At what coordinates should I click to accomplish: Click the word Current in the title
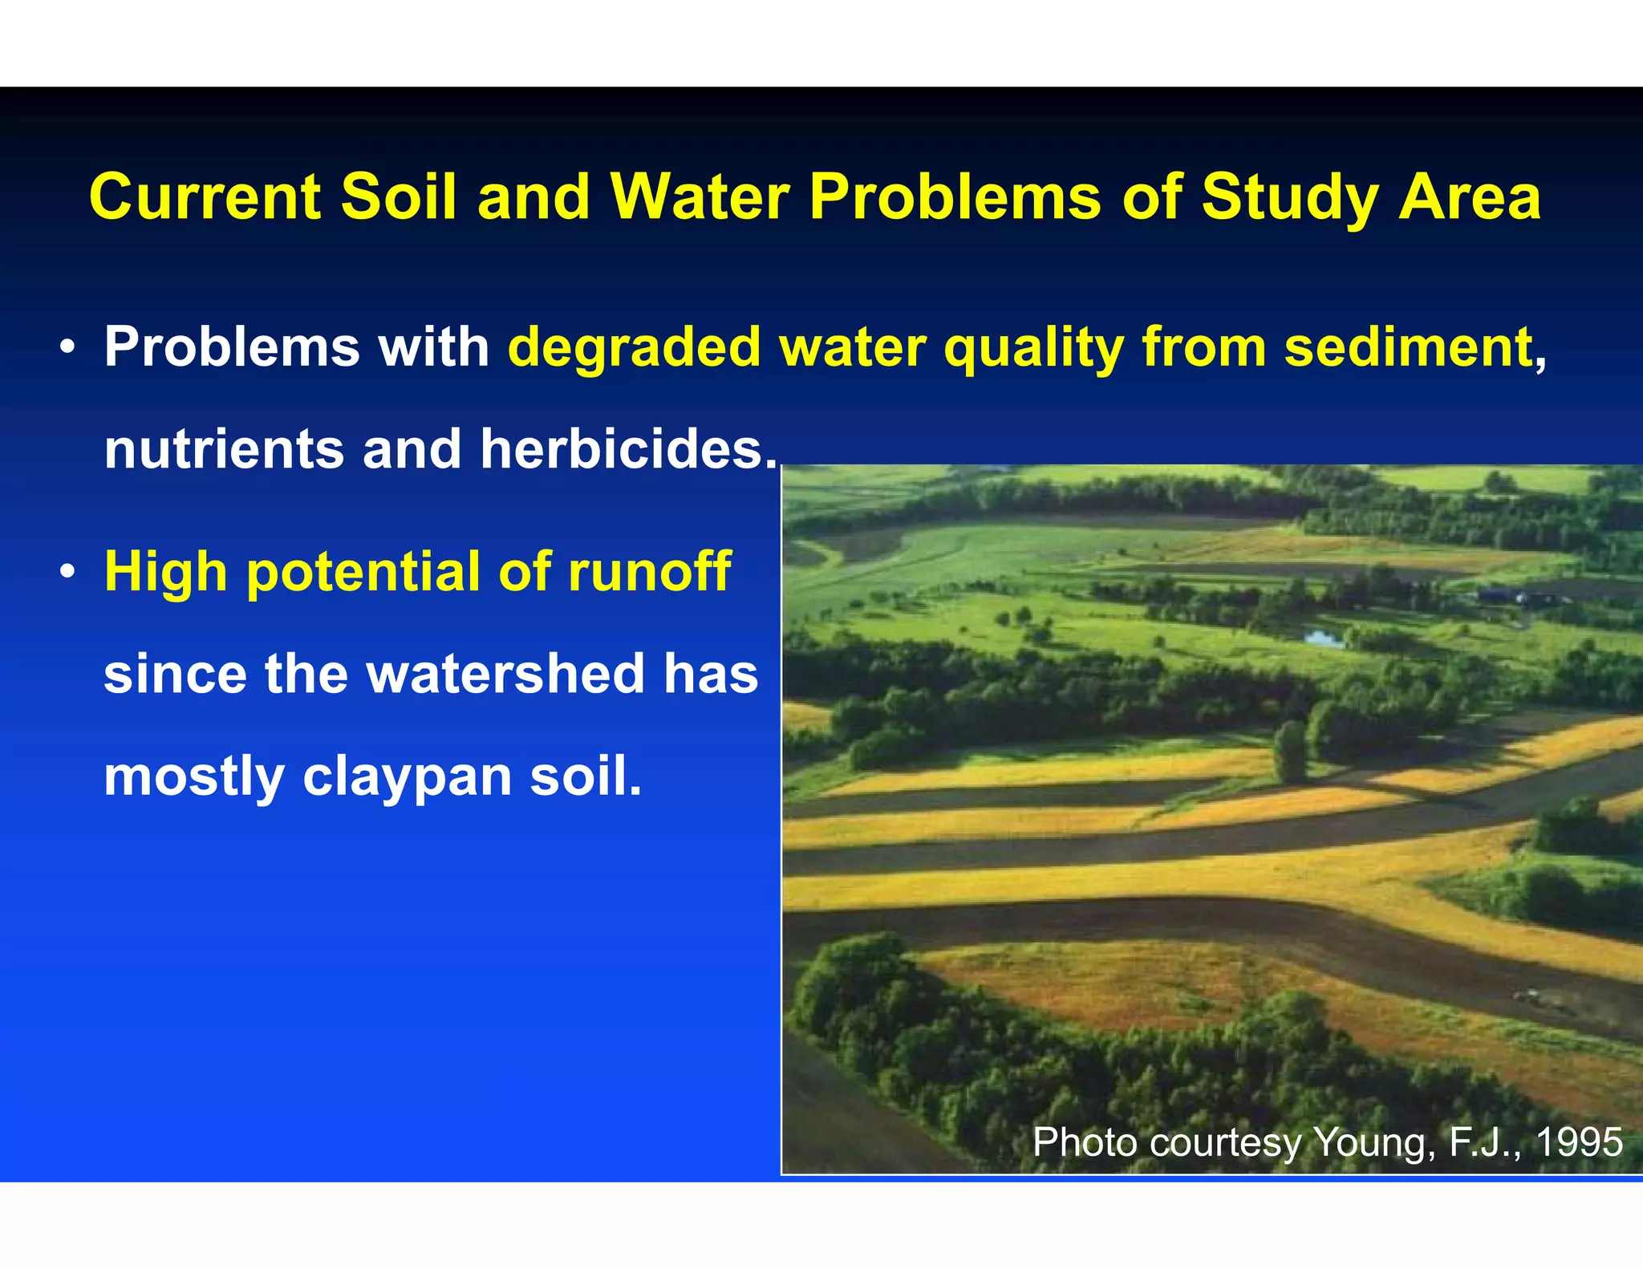205,197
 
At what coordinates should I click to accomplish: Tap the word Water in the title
700,197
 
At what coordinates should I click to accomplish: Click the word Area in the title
1469,197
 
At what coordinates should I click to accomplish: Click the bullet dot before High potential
67,572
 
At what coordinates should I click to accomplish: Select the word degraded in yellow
634,348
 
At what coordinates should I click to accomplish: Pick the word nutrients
224,449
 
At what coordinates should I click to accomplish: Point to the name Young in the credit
1374,1143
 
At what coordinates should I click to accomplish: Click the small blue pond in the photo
1323,639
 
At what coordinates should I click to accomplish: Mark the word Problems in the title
954,197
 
